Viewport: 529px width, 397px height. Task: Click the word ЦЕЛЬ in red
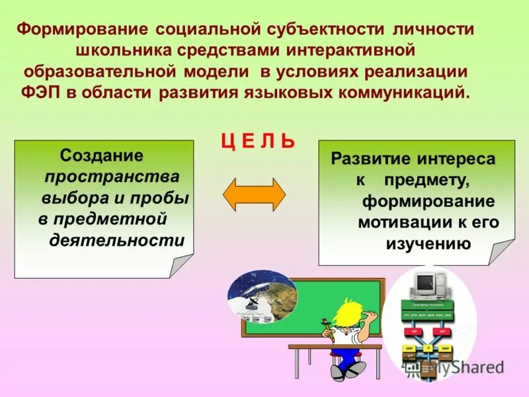click(257, 141)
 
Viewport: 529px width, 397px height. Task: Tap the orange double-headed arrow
click(254, 195)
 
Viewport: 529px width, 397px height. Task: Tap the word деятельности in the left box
click(117, 240)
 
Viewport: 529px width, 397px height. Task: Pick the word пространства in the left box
click(111, 177)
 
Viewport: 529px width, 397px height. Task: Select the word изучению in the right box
click(428, 243)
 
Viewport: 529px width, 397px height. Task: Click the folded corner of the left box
click(181, 265)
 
